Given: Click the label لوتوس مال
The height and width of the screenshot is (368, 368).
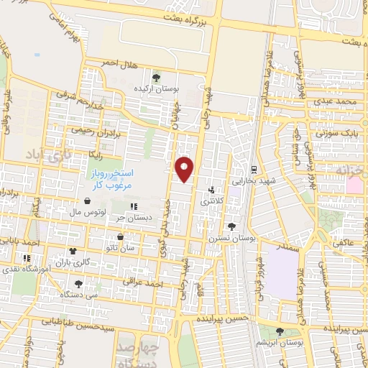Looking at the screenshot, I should tap(89, 213).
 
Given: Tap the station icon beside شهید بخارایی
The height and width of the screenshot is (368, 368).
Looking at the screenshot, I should tap(253, 170).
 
